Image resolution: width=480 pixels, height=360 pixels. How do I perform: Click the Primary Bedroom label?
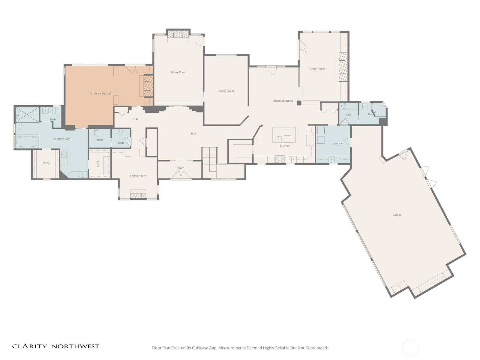click(102, 94)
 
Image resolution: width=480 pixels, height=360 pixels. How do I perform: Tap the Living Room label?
click(179, 72)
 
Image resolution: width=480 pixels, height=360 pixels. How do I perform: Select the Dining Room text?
click(226, 91)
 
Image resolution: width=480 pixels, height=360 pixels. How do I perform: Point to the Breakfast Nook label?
click(283, 101)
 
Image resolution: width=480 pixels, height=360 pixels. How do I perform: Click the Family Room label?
click(316, 69)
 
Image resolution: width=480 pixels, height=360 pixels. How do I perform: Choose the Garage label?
click(397, 215)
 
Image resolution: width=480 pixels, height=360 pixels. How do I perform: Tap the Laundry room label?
click(337, 143)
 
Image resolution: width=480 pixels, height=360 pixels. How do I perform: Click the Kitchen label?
click(285, 145)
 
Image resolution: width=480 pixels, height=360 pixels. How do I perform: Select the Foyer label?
click(180, 168)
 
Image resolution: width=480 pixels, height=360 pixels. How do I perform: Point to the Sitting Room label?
click(138, 176)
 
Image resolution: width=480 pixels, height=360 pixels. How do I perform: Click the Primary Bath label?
click(62, 139)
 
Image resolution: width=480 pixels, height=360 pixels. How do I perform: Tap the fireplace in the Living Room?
click(178, 35)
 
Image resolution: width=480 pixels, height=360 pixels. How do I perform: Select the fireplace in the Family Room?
click(342, 67)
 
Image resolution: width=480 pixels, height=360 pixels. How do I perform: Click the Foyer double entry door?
click(181, 175)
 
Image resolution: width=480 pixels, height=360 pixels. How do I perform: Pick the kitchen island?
click(284, 135)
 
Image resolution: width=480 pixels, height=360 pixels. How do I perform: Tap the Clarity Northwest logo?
click(56, 346)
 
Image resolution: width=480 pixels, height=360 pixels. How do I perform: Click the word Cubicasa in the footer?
click(200, 348)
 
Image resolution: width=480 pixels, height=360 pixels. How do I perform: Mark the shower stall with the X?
click(27, 114)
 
